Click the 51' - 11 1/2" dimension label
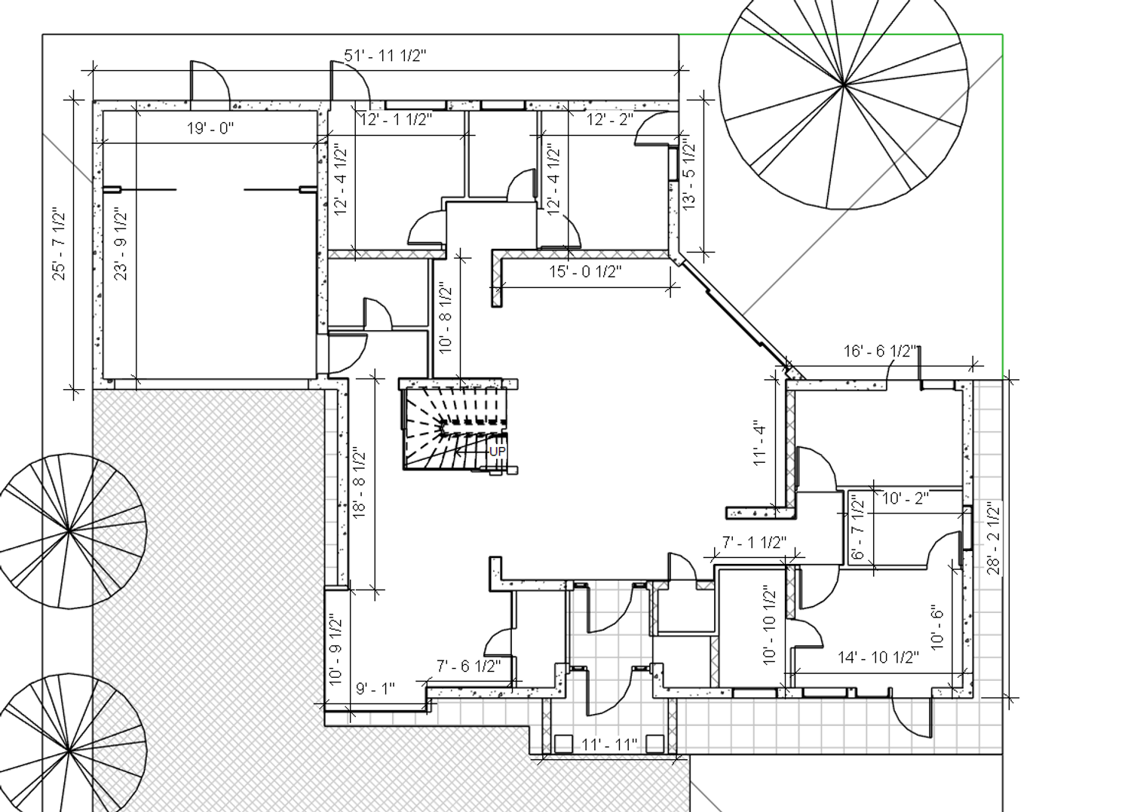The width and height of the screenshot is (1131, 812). [x=385, y=56]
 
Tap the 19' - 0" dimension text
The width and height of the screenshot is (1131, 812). [x=210, y=128]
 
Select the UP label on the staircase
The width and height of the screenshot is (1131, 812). [x=497, y=452]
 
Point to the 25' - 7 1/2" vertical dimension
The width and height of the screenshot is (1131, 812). [x=59, y=244]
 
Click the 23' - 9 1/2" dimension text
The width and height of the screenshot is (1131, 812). [x=121, y=244]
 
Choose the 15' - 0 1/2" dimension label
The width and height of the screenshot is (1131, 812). [x=585, y=271]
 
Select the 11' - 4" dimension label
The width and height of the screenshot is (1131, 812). [x=759, y=443]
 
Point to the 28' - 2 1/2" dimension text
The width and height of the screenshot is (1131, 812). [x=993, y=538]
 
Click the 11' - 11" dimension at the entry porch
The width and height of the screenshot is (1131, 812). [x=609, y=744]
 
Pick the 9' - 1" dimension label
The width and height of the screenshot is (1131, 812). [x=375, y=688]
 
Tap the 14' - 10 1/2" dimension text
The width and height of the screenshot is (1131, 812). [x=878, y=657]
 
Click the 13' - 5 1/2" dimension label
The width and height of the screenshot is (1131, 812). [x=688, y=174]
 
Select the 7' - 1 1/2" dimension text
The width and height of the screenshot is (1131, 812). [x=754, y=542]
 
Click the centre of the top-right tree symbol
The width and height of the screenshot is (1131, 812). [x=843, y=86]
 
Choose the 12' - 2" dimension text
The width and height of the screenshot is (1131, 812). [x=609, y=120]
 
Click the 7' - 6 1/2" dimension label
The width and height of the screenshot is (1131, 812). [x=468, y=666]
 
